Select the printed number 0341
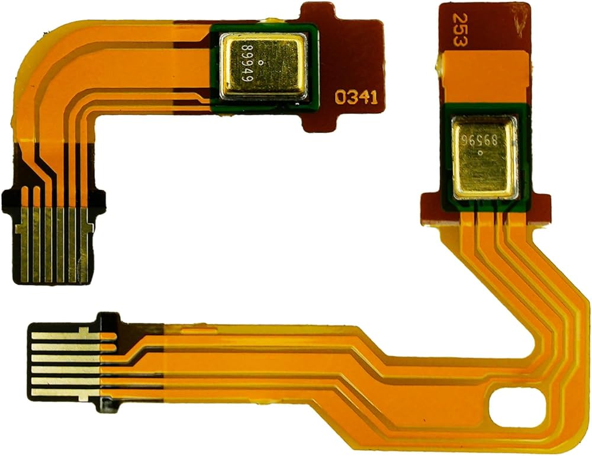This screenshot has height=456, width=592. (356, 98)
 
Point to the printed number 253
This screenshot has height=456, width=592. (459, 30)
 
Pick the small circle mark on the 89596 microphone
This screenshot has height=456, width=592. (480, 153)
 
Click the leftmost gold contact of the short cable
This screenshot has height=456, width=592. (22, 246)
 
